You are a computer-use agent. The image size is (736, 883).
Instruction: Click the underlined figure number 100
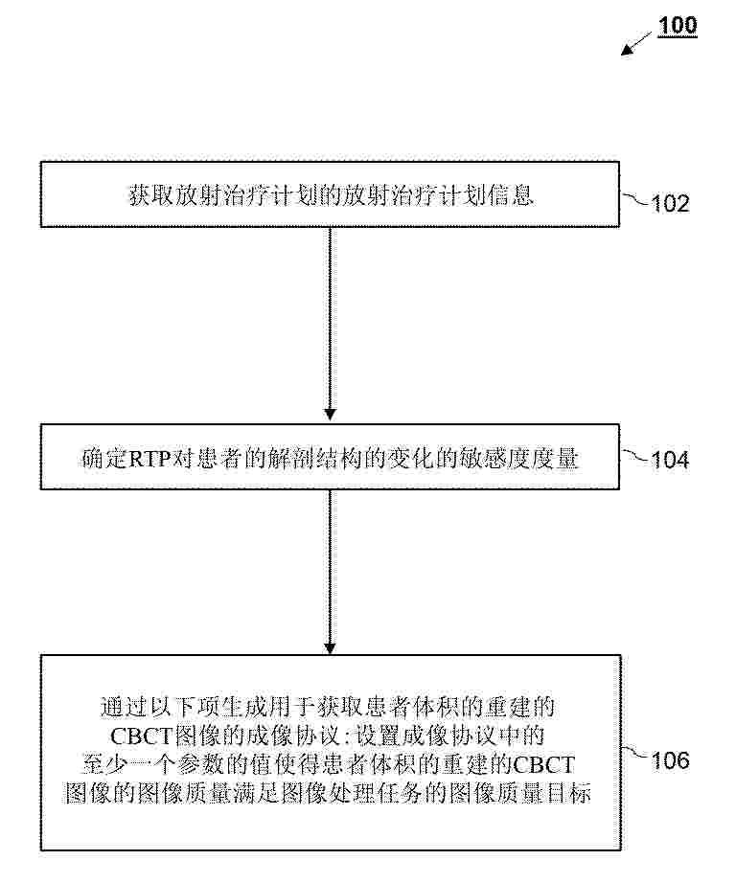(678, 26)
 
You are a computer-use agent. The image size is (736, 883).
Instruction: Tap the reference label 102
(670, 204)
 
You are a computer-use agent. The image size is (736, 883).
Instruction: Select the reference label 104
(670, 460)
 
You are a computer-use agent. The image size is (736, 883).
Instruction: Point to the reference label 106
(670, 760)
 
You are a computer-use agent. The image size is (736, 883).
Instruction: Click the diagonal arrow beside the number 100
(636, 43)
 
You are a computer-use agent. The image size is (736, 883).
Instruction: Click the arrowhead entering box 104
(331, 415)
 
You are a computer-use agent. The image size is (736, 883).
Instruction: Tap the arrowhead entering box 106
(331, 648)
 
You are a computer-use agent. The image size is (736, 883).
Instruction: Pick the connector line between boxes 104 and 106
(331, 572)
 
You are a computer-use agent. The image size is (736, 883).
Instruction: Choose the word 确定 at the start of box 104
(105, 459)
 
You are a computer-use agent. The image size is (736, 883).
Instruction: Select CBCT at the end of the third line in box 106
(543, 765)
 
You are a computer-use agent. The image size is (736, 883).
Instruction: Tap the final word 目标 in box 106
(569, 794)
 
